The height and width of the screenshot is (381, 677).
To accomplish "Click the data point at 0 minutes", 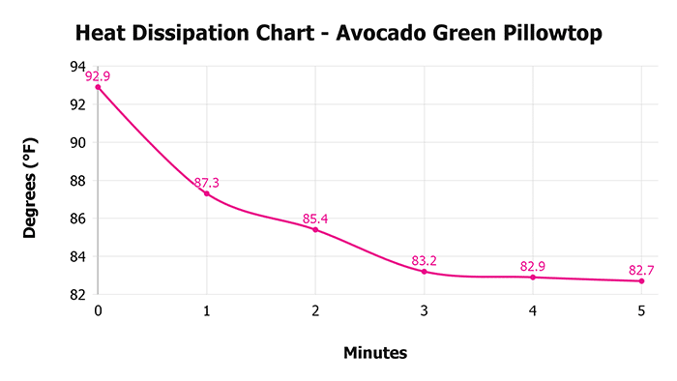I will [98, 87].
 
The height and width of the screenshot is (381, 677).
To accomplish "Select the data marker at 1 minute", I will [207, 193].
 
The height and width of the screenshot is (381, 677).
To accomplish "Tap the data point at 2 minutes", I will [315, 229].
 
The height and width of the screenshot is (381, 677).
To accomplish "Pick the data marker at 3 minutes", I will [425, 272].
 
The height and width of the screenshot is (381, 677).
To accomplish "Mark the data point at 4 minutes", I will [533, 278].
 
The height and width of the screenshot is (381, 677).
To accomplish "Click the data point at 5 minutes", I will [641, 281].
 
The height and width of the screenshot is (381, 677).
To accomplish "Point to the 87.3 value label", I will [207, 182].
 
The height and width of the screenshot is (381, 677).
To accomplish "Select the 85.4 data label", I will [315, 219].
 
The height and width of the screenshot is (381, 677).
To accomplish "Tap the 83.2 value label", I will [425, 260].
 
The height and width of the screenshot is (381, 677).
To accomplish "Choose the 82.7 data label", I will [641, 269].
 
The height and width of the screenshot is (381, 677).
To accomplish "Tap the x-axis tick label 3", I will [425, 311].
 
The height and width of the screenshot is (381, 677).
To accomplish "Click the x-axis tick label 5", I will [641, 311].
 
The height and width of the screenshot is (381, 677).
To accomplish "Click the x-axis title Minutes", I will [375, 353].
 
